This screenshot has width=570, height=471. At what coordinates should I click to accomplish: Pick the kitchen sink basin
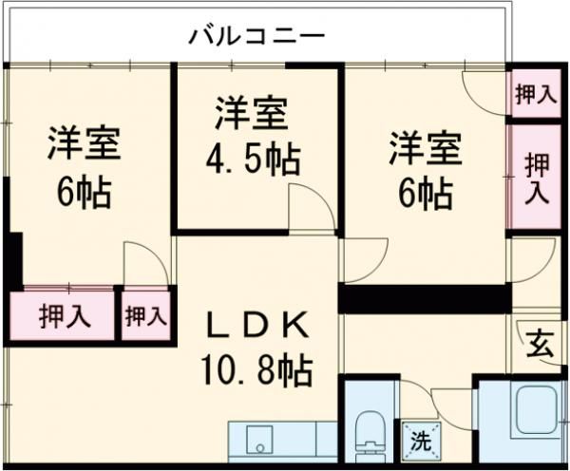(258, 442)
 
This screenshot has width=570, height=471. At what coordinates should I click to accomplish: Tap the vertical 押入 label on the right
(537, 178)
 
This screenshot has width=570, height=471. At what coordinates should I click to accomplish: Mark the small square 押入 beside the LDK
(144, 315)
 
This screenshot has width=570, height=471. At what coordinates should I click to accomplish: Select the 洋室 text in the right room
(424, 149)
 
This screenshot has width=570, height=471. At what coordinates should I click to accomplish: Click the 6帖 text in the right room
(424, 194)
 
